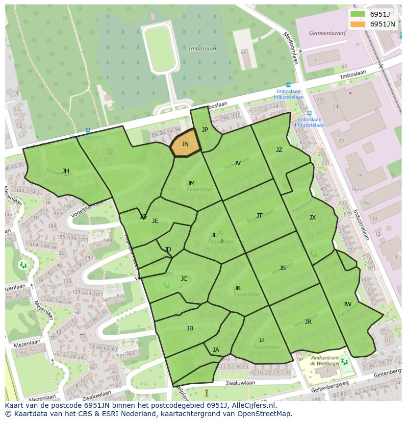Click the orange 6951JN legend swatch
[x=357, y=24]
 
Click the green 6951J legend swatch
[x=357, y=14]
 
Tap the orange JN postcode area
[x=185, y=144]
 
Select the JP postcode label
[x=205, y=130]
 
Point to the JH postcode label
[x=65, y=171]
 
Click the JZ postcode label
[x=279, y=150]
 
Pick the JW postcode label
[x=347, y=304]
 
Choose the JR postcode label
[x=308, y=322]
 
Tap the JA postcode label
[x=216, y=349]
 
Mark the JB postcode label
[x=190, y=328]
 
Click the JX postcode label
[x=312, y=218]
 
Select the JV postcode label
[x=237, y=163]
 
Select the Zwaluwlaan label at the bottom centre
[x=241, y=383]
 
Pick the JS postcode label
[x=282, y=268]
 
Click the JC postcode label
[x=184, y=279]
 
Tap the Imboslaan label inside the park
[x=202, y=49]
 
